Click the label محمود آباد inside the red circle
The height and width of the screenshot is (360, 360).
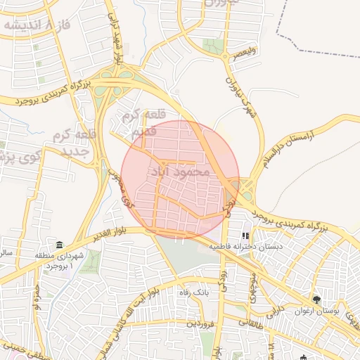tap(180, 171)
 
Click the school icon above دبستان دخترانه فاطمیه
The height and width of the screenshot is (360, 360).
tap(245, 236)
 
